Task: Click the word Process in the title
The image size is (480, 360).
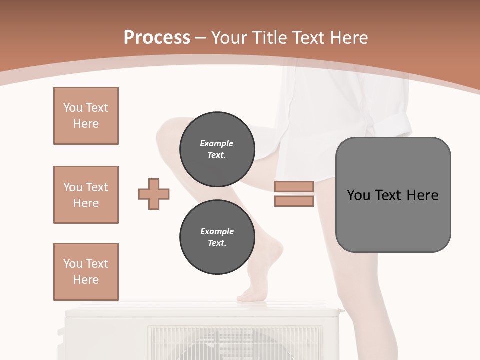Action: pos(157,38)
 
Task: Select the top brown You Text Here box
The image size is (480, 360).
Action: pos(86,116)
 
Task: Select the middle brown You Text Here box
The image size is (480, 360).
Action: pos(86,195)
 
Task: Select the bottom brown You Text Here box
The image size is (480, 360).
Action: pos(86,272)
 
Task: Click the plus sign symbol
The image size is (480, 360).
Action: pos(154,194)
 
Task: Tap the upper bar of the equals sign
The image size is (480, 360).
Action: pos(294,186)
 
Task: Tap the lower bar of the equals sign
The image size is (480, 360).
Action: pos(294,201)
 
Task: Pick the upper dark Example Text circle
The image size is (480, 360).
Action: pos(217,149)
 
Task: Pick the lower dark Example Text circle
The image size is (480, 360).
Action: pos(217,237)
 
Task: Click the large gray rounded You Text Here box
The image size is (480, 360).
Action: pos(393,195)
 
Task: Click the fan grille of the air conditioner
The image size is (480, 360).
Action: pos(235,343)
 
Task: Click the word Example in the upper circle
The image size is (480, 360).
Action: pos(216,143)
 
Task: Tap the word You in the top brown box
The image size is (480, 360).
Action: pos(73,108)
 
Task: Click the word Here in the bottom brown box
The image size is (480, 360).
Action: pos(86,280)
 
